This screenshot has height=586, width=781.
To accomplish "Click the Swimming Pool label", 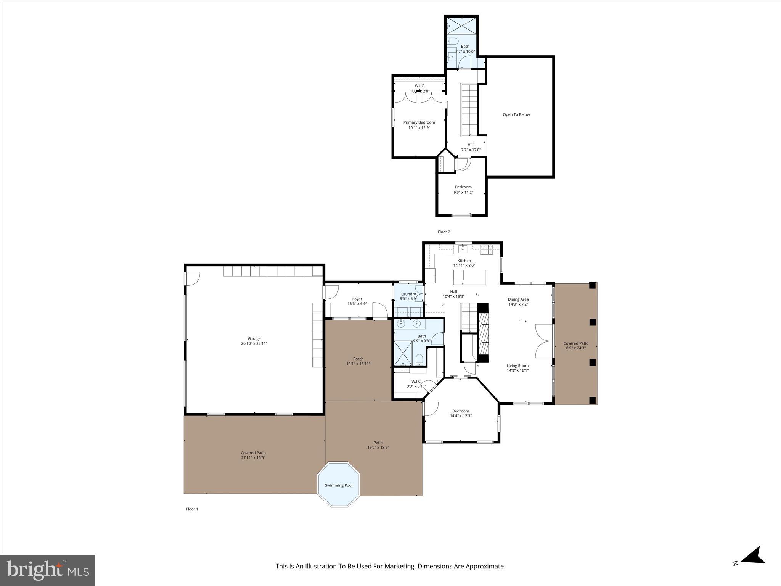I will [338, 485].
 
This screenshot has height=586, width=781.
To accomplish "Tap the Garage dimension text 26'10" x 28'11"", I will [254, 343].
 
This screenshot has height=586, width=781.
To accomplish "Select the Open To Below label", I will [516, 114].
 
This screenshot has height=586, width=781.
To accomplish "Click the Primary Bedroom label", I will [419, 122].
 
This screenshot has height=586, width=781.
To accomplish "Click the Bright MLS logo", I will [48, 570].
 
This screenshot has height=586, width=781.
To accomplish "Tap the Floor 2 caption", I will [444, 232].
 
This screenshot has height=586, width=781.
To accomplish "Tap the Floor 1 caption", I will [192, 509].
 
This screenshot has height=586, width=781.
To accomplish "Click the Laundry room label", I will [408, 294].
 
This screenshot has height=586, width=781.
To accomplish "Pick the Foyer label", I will [357, 299].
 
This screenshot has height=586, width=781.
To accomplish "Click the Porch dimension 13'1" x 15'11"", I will [358, 364].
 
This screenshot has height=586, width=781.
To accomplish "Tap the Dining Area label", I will [518, 299].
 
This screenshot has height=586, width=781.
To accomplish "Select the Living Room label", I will [517, 365].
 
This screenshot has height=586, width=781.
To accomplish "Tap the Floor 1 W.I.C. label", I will [416, 381].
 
